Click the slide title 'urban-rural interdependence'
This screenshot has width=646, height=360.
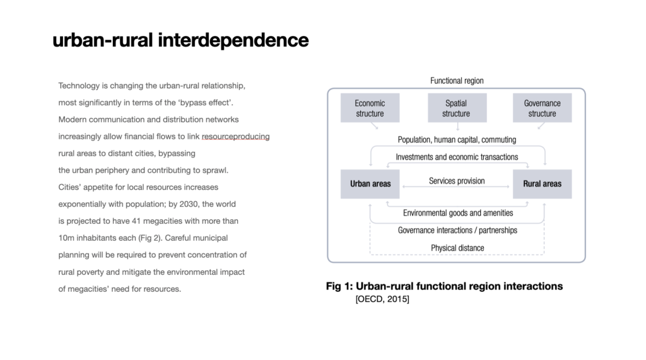pos(180,40)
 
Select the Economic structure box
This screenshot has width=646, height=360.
pos(370,108)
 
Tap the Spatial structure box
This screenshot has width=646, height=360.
pos(457,108)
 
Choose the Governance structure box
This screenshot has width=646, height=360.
pos(542,108)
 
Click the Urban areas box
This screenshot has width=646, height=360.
pos(370,184)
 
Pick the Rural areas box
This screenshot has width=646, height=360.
pos(542,184)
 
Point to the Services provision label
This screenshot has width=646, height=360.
pos(457,181)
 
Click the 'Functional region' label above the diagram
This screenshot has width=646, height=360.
pos(457,81)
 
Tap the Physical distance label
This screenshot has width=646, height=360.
pos(457,248)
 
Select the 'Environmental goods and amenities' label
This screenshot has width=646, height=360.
pos(458,213)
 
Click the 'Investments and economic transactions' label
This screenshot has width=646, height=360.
pos(457,157)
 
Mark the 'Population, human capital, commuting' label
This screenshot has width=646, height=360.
pos(457,139)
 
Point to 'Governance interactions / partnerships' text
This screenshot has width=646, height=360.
pos(457,230)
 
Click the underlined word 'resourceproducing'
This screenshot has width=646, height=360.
pos(236,137)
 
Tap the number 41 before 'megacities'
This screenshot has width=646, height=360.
pos(136,221)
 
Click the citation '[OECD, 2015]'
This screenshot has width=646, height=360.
pos(382,299)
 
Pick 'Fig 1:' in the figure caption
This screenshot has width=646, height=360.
pos(339,286)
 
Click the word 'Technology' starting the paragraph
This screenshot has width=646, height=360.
pos(79,86)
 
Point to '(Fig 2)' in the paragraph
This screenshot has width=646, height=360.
pos(150,238)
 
